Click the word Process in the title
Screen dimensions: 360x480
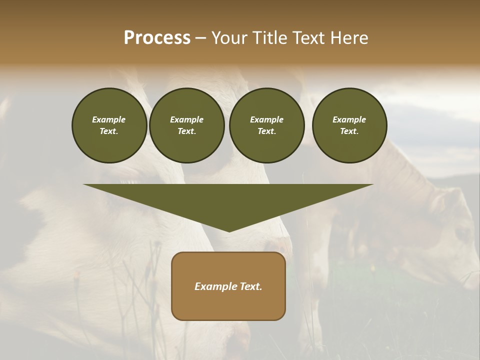(x=157, y=38)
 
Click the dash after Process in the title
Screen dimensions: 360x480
(x=201, y=38)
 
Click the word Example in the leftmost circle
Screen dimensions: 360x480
(x=109, y=119)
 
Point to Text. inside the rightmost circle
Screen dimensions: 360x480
(x=349, y=131)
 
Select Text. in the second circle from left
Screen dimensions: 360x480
(x=187, y=131)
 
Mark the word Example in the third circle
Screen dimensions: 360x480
(x=266, y=119)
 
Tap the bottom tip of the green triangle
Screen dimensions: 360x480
(x=229, y=230)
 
